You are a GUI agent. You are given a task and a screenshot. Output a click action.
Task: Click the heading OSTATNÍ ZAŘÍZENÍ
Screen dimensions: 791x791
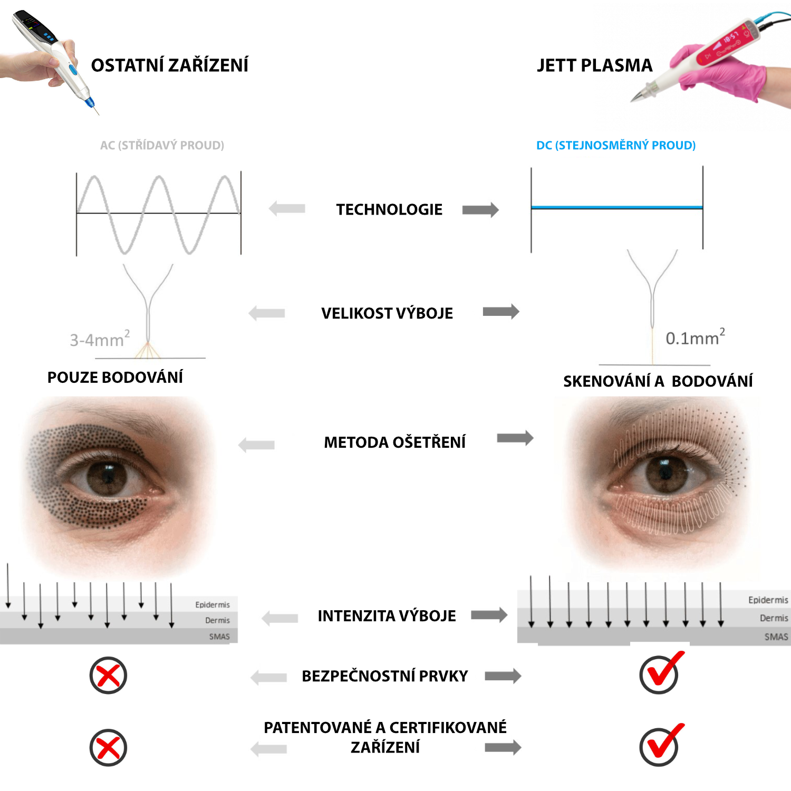click(x=169, y=65)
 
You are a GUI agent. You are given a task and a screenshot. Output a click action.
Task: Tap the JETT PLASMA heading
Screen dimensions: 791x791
click(x=594, y=65)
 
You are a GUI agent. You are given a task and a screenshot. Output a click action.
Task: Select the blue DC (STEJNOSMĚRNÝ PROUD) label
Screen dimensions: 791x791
click(x=615, y=146)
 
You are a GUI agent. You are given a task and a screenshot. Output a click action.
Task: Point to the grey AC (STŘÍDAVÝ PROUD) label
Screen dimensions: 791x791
click(x=162, y=146)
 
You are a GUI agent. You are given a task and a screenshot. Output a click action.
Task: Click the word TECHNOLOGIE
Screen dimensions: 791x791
click(x=389, y=210)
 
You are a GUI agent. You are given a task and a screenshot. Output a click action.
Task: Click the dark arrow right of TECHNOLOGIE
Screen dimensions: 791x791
click(x=480, y=210)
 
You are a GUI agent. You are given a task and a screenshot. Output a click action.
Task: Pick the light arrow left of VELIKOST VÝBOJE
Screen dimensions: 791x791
click(x=267, y=313)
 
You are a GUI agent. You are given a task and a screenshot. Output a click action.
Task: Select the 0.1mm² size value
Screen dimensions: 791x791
click(x=694, y=337)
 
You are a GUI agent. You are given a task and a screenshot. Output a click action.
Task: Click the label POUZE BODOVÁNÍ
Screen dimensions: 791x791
click(x=115, y=378)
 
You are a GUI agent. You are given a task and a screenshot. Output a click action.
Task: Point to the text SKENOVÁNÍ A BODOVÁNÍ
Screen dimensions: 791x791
click(x=658, y=381)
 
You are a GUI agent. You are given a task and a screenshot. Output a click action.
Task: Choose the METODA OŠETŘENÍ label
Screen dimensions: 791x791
click(x=394, y=442)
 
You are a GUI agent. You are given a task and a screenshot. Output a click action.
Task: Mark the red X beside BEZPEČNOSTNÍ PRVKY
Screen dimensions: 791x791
click(x=108, y=675)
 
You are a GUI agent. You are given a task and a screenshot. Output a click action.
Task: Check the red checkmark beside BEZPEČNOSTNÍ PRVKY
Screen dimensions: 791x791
click(x=660, y=673)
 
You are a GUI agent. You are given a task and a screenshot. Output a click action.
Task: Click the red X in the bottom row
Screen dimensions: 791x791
click(x=108, y=748)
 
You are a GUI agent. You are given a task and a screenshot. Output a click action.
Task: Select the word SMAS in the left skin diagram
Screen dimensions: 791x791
click(x=219, y=636)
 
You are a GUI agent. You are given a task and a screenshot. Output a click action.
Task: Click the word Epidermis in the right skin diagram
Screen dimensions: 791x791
click(x=768, y=600)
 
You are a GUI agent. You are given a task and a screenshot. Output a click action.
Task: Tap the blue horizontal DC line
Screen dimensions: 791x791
click(x=616, y=208)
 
